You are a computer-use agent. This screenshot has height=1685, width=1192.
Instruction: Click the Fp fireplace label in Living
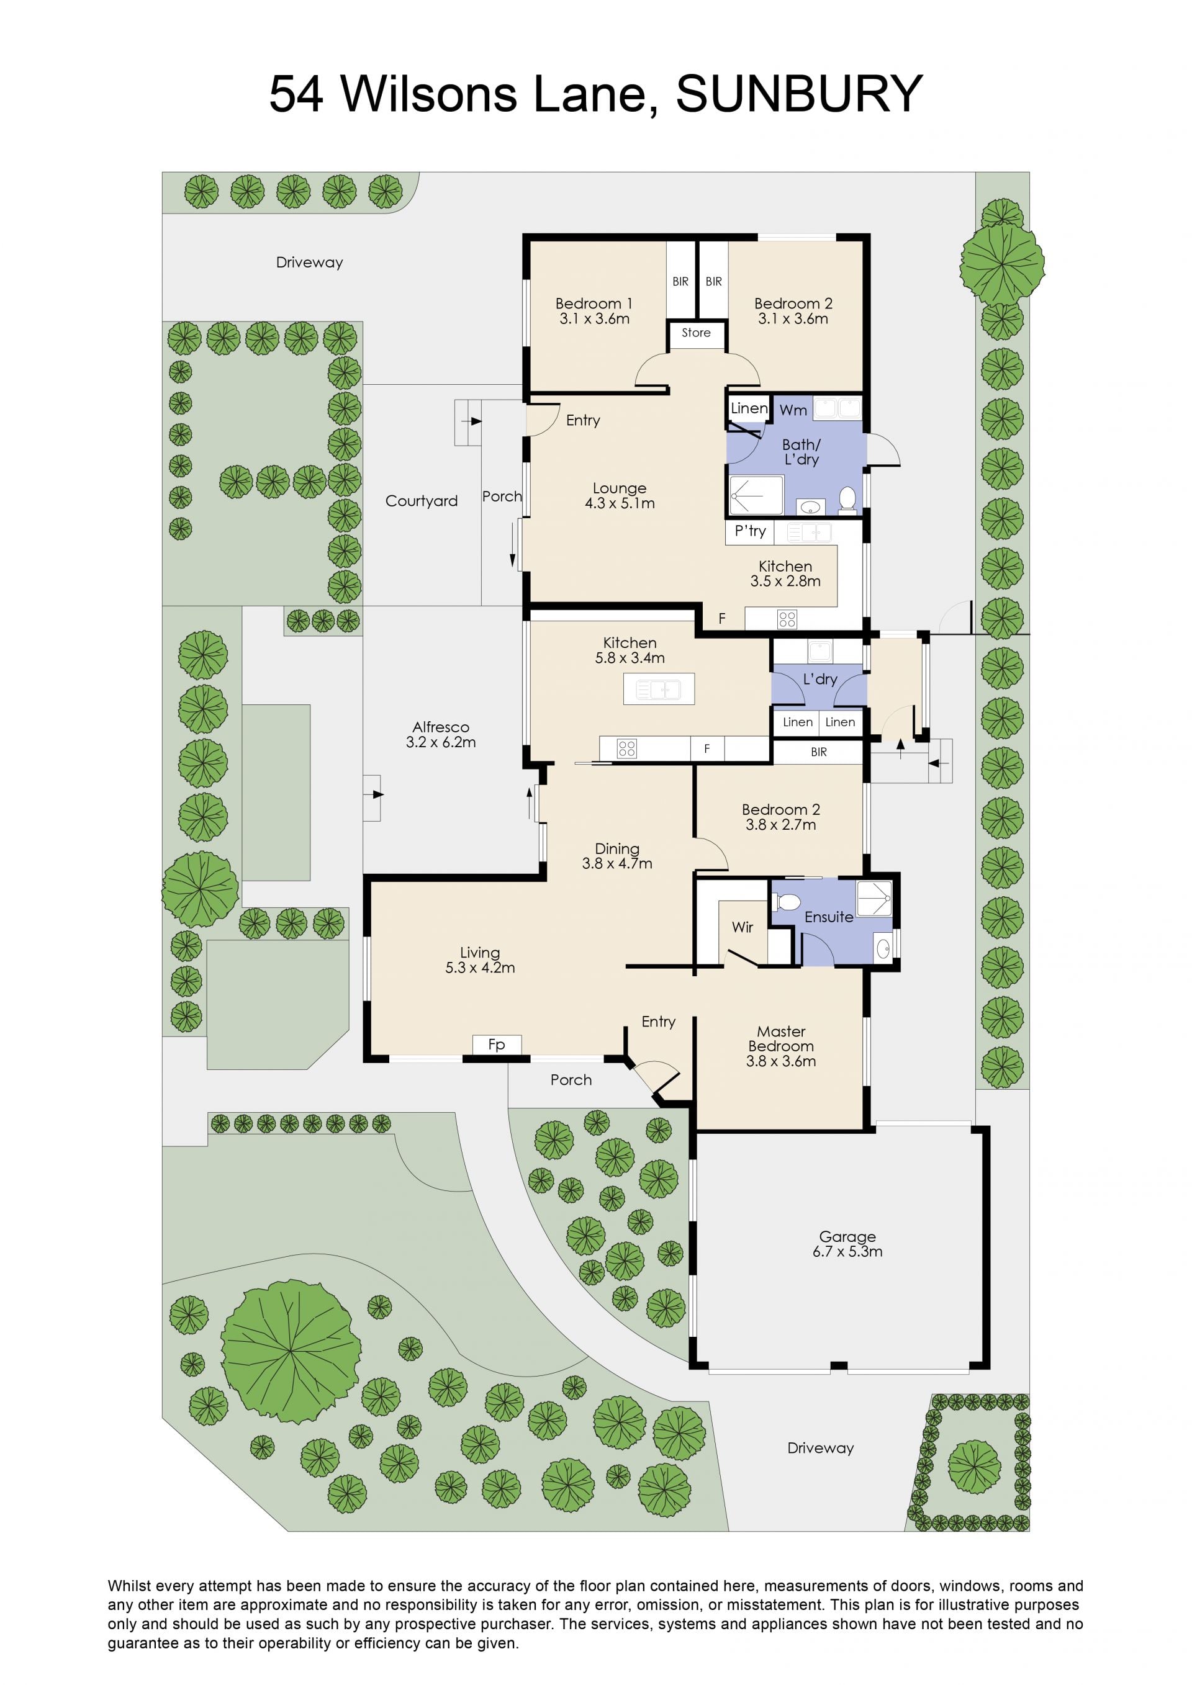tap(496, 1045)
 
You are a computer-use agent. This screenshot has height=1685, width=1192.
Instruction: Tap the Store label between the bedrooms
tap(696, 333)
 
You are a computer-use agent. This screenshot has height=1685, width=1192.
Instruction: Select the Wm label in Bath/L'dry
tap(793, 410)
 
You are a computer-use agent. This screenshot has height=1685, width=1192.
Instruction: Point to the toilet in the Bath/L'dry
tap(847, 498)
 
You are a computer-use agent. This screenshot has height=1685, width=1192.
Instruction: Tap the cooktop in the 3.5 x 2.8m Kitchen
tap(787, 619)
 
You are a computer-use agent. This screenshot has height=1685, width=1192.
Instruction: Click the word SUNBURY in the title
tap(798, 94)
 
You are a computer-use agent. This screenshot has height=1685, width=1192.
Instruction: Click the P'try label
tap(750, 531)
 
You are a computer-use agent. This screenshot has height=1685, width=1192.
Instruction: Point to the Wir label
tap(742, 927)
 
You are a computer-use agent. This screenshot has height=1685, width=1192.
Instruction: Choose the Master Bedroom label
tap(781, 1038)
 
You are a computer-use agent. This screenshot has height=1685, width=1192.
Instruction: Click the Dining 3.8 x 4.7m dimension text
tap(617, 864)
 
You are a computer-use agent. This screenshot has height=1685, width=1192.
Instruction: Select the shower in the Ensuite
tap(874, 898)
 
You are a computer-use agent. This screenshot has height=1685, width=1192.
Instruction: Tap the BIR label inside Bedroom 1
tap(680, 281)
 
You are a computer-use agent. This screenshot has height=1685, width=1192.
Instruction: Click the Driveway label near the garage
tap(821, 1448)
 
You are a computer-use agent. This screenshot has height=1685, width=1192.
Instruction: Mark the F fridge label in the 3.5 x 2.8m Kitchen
tap(721, 619)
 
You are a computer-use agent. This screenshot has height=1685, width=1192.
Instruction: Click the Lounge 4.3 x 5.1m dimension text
tap(620, 503)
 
